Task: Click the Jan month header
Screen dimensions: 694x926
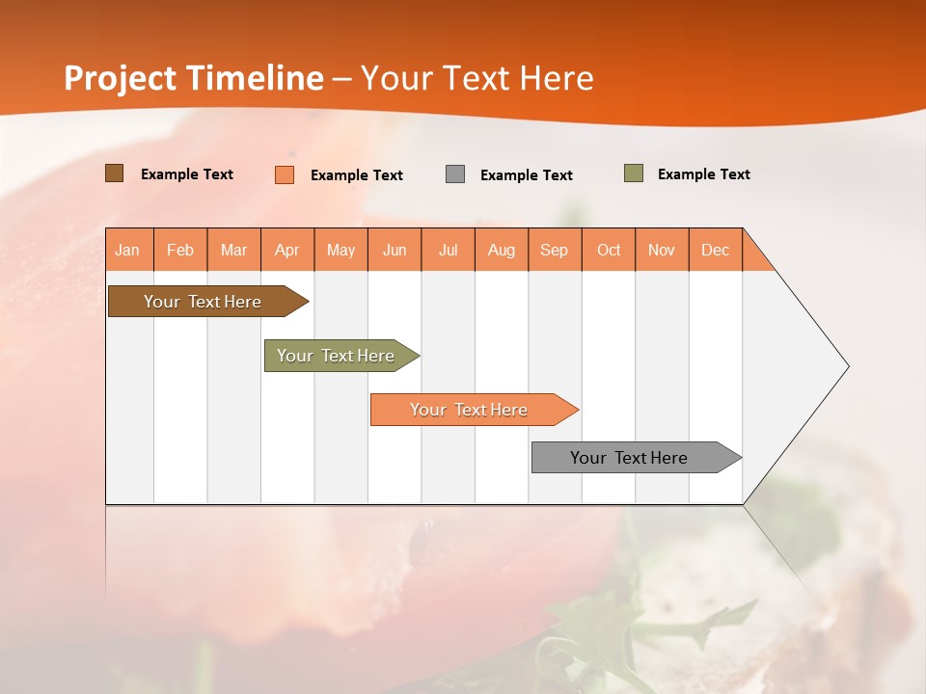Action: click(x=128, y=250)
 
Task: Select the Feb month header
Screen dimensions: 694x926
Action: click(x=180, y=250)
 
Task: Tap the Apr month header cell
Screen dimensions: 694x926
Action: click(x=287, y=250)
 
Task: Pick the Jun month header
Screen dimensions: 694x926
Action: click(x=395, y=250)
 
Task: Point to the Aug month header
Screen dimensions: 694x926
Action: click(x=502, y=250)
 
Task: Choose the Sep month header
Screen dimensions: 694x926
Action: click(x=555, y=250)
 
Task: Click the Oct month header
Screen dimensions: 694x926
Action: click(x=609, y=250)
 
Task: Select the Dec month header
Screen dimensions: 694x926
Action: click(x=716, y=250)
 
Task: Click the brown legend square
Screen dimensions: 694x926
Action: click(x=114, y=173)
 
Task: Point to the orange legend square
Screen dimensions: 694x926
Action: click(x=285, y=174)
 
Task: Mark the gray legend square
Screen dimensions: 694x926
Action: click(x=455, y=173)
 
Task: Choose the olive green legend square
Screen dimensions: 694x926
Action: click(x=634, y=173)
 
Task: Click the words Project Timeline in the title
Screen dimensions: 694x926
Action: click(x=193, y=78)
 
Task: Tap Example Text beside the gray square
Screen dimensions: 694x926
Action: click(x=527, y=175)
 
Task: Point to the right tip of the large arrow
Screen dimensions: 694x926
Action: click(x=846, y=366)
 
